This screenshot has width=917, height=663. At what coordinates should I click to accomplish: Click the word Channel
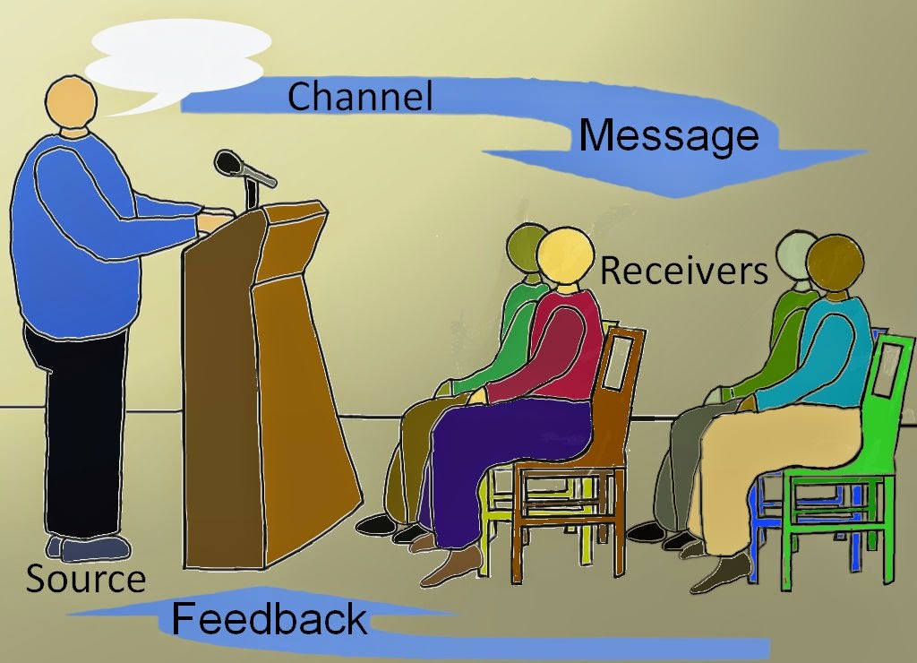pyautogui.click(x=360, y=96)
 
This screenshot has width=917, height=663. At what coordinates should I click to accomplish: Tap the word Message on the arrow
pyautogui.click(x=668, y=136)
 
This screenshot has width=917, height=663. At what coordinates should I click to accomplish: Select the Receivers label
pyautogui.click(x=683, y=270)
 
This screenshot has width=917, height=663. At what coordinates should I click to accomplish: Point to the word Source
pyautogui.click(x=85, y=580)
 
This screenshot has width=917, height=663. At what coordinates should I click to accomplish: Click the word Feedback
pyautogui.click(x=269, y=619)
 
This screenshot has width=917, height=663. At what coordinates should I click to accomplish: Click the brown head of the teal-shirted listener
pyautogui.click(x=835, y=262)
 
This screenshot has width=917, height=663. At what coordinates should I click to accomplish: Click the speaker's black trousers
pyautogui.click(x=81, y=430)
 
